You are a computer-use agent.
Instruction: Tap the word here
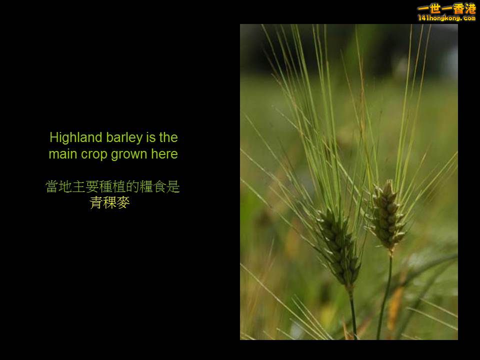tap(164, 154)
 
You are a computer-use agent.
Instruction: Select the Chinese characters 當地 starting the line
tap(58, 187)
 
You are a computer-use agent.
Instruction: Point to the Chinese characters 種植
tap(112, 187)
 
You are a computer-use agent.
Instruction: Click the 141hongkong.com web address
tap(446, 18)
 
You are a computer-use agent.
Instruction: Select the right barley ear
tap(388, 215)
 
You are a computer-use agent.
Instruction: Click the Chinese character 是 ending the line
tap(173, 187)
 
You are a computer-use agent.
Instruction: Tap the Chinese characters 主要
tap(85, 187)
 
